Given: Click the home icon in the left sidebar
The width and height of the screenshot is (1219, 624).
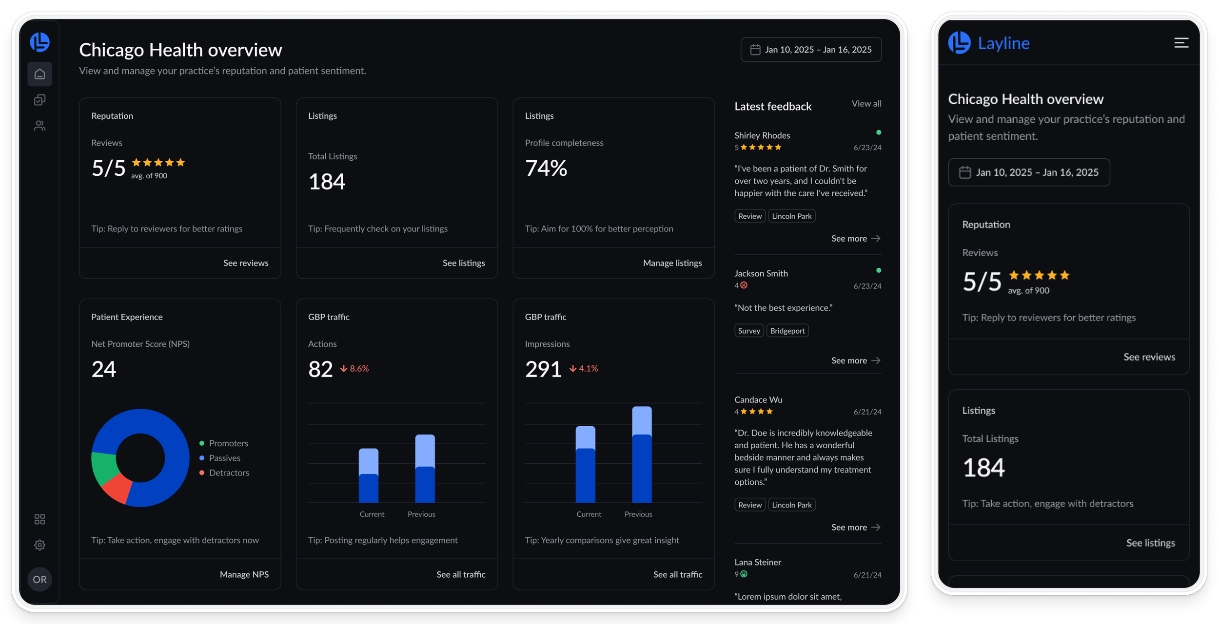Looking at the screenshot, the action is click(x=40, y=74).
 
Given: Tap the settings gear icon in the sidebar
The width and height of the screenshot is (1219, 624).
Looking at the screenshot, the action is click(x=40, y=545).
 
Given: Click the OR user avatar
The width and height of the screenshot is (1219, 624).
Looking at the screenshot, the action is click(x=40, y=579).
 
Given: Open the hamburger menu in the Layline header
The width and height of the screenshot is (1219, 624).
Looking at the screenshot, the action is click(x=1181, y=43).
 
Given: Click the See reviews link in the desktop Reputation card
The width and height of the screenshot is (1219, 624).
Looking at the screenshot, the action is click(x=246, y=263).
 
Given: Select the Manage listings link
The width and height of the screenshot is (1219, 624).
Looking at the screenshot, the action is click(x=672, y=263).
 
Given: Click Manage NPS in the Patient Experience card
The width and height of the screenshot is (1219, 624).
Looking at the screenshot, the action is click(x=244, y=574).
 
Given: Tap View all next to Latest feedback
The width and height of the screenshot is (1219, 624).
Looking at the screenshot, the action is click(x=866, y=103).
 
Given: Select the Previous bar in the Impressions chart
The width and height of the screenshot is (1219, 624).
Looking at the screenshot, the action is click(x=642, y=454).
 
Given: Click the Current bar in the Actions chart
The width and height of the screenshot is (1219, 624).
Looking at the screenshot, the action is click(x=369, y=475).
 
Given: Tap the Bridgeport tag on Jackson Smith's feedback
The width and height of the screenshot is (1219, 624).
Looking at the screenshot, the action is click(x=787, y=331).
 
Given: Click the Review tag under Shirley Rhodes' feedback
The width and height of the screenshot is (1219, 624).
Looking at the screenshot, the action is click(x=750, y=216).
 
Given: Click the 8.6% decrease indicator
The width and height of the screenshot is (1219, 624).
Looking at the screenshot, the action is click(x=354, y=369).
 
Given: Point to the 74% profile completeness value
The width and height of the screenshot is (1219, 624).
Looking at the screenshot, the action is click(x=546, y=168).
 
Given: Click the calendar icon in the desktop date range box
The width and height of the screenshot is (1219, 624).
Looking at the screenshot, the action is click(x=755, y=50).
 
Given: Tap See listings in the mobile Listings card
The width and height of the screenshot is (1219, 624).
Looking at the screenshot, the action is click(x=1150, y=543).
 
